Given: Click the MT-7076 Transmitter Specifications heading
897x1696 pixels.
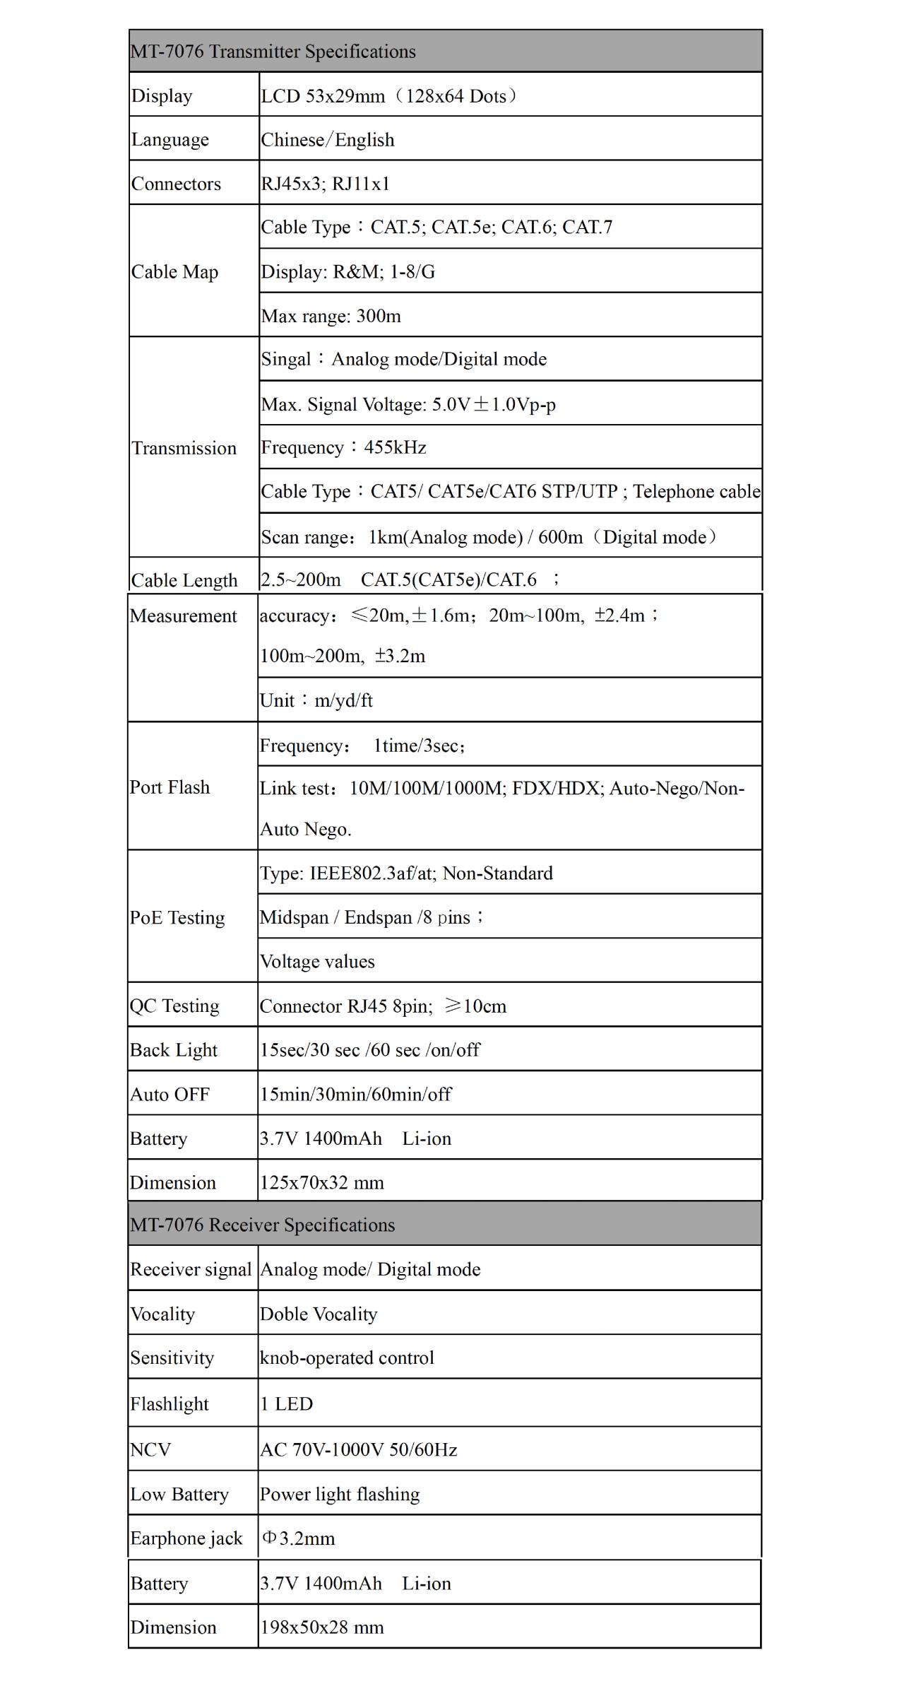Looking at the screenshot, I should pyautogui.click(x=273, y=52).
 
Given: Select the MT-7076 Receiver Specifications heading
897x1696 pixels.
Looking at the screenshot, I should pyautogui.click(x=262, y=1225).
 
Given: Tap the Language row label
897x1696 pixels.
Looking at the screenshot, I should pyautogui.click(x=170, y=140).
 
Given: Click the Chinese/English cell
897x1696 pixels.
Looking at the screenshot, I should pyautogui.click(x=328, y=140).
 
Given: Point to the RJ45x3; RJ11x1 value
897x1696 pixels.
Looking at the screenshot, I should pyautogui.click(x=326, y=184).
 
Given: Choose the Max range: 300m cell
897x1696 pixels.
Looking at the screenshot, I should pyautogui.click(x=331, y=316).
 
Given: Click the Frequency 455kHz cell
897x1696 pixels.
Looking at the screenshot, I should pyautogui.click(x=344, y=447).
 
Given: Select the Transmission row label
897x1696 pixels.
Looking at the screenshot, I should pyautogui.click(x=184, y=448).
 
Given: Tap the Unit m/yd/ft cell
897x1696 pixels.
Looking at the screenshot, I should pyautogui.click(x=316, y=700).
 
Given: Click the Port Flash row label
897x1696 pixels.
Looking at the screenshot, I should pyautogui.click(x=170, y=787).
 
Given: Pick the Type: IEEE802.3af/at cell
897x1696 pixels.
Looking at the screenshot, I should pyautogui.click(x=406, y=873).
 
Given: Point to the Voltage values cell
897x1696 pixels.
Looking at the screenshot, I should pyautogui.click(x=317, y=961).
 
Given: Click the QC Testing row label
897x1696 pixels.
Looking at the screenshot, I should pyautogui.click(x=174, y=1006).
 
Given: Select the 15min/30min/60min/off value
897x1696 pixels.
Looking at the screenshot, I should pyautogui.click(x=355, y=1094).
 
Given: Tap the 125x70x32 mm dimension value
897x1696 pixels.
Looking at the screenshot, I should pyautogui.click(x=322, y=1182).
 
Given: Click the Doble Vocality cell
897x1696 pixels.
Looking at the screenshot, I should pyautogui.click(x=319, y=1314).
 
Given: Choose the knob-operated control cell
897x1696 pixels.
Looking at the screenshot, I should pyautogui.click(x=347, y=1358).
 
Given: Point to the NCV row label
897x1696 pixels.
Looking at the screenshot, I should pyautogui.click(x=150, y=1449).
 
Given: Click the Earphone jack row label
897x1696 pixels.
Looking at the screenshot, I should pyautogui.click(x=186, y=1538).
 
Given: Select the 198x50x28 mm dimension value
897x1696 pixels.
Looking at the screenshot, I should pyautogui.click(x=322, y=1627).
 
